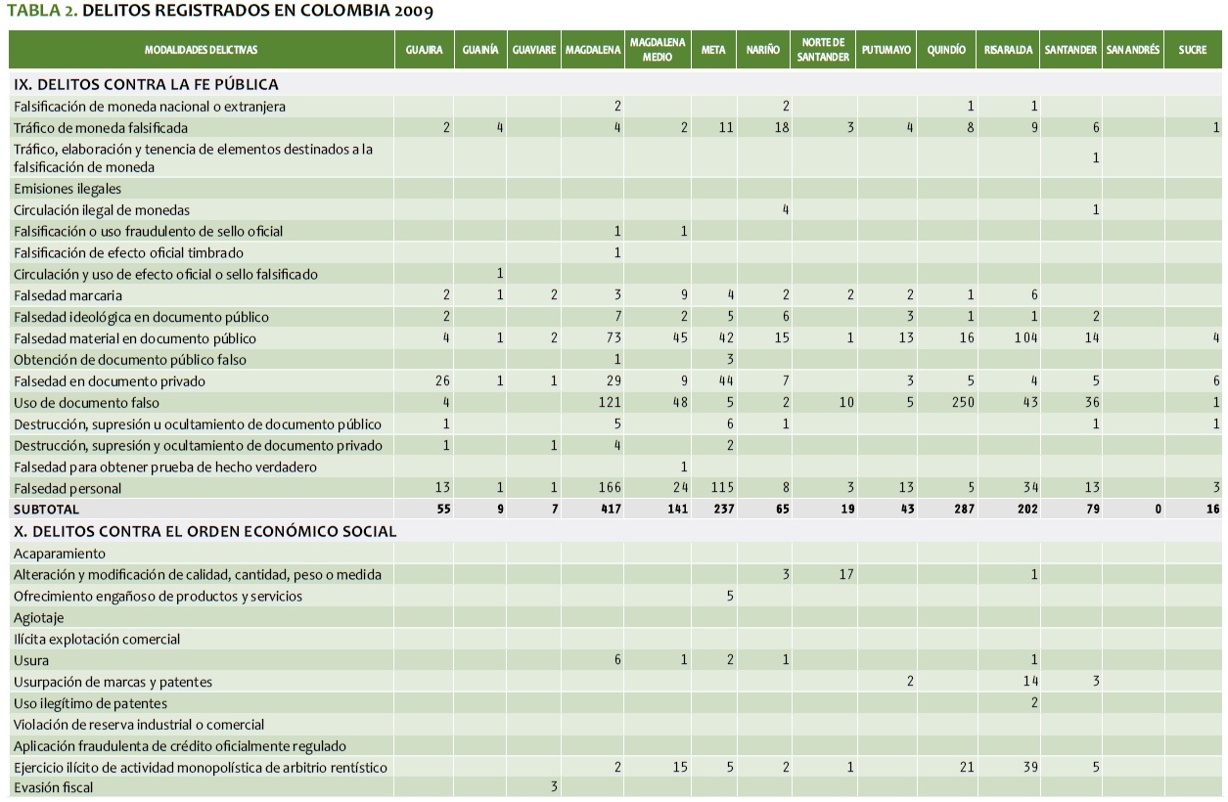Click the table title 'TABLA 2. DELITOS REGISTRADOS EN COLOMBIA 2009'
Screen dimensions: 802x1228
(220, 11)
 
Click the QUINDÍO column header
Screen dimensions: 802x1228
(946, 50)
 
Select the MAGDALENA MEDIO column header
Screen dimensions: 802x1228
(657, 50)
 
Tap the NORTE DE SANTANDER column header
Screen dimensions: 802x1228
(823, 50)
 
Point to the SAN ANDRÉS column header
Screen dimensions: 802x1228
(1132, 50)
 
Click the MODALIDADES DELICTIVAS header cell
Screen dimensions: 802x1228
(201, 50)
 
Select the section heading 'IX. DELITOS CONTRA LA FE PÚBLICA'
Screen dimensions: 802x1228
(146, 85)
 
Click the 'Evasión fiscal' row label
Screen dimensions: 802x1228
(54, 787)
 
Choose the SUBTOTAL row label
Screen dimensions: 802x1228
(46, 510)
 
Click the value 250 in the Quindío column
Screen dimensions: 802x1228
(963, 403)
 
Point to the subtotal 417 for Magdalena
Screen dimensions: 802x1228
(611, 510)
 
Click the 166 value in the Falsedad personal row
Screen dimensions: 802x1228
(611, 488)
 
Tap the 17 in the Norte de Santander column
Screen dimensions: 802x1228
(846, 574)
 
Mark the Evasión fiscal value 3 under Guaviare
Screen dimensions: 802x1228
(554, 787)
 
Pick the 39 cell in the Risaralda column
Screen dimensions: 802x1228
(1030, 768)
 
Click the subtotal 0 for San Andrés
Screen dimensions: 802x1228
(1158, 510)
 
